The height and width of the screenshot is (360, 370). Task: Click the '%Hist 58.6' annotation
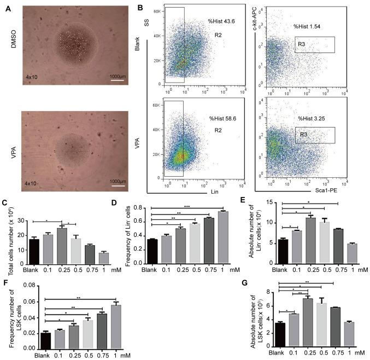(x=221, y=118)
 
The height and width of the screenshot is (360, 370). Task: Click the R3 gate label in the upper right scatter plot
(x=303, y=43)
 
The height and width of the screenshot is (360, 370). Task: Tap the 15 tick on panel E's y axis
(x=271, y=202)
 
